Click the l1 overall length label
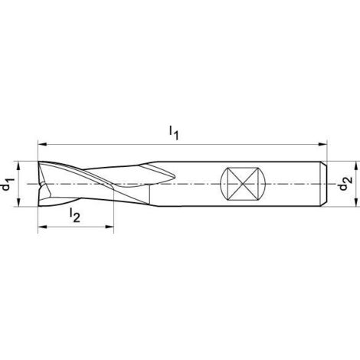(x=174, y=133)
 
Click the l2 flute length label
(x=75, y=215)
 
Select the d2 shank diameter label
(x=345, y=184)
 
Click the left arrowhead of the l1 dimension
(x=42, y=145)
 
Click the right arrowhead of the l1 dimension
(x=322, y=145)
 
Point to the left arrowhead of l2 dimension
(x=42, y=227)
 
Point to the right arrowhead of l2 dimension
(x=109, y=227)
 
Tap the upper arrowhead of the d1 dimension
(x=18, y=165)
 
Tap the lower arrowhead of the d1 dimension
(x=18, y=201)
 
